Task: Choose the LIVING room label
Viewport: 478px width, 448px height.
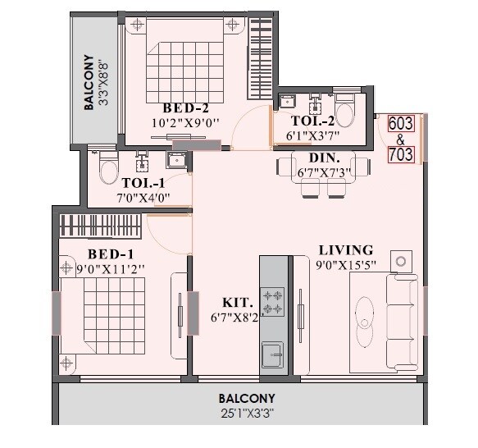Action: [x=345, y=249]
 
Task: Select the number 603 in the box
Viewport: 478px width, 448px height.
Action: [x=401, y=123]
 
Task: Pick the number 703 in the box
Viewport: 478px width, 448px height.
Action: [x=401, y=153]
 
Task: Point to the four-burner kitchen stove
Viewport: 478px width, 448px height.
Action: [x=272, y=302]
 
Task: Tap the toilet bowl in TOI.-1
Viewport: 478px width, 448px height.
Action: [x=107, y=171]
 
